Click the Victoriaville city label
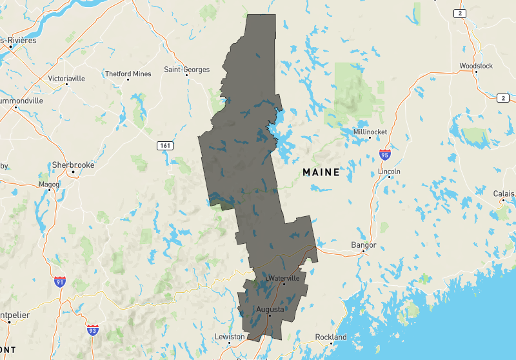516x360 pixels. [x=66, y=79]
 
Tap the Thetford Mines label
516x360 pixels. [x=128, y=74]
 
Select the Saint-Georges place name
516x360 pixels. [x=186, y=69]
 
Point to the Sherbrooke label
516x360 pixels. [x=73, y=165]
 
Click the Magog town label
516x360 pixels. [x=49, y=185]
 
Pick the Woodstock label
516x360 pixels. [x=476, y=66]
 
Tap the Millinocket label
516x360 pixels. [x=370, y=132]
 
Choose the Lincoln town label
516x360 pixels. [x=390, y=172]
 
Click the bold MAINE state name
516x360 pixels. [x=321, y=172]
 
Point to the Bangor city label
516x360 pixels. [x=363, y=245]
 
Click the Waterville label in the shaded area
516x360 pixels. [x=284, y=278]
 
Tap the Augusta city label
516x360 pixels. [x=270, y=310]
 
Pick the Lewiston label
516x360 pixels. [x=230, y=337]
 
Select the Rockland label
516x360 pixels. [x=331, y=337]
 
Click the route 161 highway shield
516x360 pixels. [x=165, y=146]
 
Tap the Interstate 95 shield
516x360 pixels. [x=385, y=154]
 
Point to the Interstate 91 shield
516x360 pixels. [x=60, y=282]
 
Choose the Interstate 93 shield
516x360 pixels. [x=93, y=330]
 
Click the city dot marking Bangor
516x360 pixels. [x=363, y=252]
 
